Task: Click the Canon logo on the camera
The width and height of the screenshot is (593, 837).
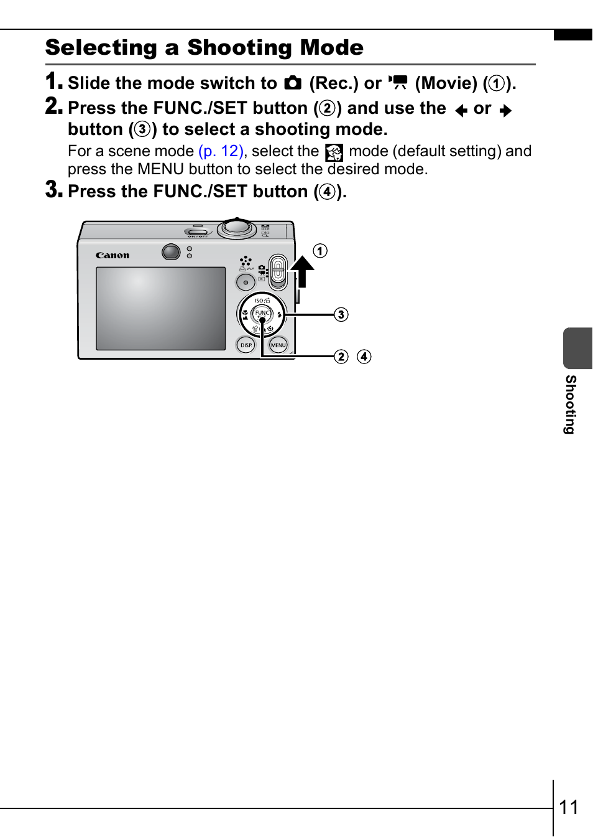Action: coord(113,255)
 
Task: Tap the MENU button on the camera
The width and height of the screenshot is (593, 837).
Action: coord(278,345)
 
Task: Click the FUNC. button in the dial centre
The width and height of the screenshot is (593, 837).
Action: coord(262,314)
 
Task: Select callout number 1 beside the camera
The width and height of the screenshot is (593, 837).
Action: coord(320,251)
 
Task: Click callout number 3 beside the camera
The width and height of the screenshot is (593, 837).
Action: coord(341,314)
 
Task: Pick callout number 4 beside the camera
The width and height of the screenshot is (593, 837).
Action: coord(364,357)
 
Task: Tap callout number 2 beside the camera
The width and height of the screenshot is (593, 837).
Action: coord(341,357)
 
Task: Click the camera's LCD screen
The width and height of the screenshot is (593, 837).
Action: coord(160,309)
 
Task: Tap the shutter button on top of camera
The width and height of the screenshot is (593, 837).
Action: coord(237,227)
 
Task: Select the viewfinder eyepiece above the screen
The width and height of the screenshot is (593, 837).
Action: coord(171,252)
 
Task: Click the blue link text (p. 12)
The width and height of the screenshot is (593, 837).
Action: coord(221,151)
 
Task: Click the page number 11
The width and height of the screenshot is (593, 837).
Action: coord(569,807)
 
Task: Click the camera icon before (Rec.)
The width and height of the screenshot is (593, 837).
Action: coord(293,83)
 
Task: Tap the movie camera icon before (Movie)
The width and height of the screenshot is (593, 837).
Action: coord(398,83)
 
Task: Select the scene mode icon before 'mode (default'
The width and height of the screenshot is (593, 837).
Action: coord(334,152)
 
